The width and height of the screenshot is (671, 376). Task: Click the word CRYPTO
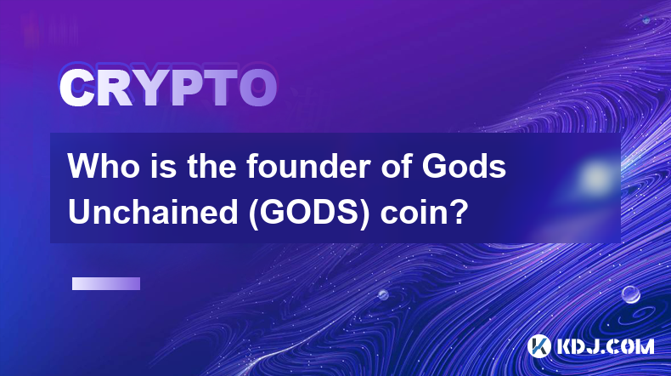[168, 88]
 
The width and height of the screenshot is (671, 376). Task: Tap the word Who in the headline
[103, 166]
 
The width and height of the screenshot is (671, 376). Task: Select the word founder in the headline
[308, 166]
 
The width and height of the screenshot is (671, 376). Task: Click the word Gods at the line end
[464, 166]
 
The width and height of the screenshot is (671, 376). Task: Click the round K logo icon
[538, 346]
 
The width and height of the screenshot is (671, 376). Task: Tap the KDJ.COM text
[605, 346]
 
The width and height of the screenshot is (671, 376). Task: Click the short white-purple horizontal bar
[106, 284]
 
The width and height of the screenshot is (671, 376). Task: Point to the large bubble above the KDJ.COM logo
[631, 294]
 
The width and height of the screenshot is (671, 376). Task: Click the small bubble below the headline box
[383, 294]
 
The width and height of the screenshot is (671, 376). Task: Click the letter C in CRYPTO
[76, 88]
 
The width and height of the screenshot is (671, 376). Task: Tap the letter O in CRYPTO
[258, 88]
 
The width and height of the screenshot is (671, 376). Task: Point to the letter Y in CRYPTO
[149, 88]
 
